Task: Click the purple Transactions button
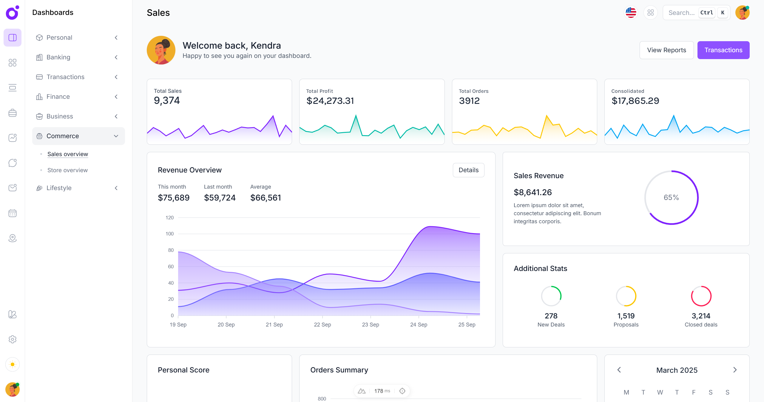(x=723, y=50)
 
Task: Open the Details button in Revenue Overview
(x=468, y=170)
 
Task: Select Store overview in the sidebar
(x=67, y=170)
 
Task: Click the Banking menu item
(x=58, y=57)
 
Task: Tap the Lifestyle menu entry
(x=59, y=188)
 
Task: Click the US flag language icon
(x=631, y=13)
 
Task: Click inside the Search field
(x=681, y=13)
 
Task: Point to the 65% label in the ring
(x=671, y=198)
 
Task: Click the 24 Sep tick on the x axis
(x=419, y=324)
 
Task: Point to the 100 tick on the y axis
(x=169, y=234)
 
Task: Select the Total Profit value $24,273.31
(x=330, y=101)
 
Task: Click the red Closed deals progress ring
(x=701, y=296)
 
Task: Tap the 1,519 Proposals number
(x=626, y=316)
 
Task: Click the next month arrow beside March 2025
(x=735, y=370)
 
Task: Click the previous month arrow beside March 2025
(x=619, y=370)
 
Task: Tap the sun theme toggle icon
(x=13, y=364)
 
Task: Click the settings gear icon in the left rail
(x=13, y=339)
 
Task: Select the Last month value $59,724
(x=220, y=198)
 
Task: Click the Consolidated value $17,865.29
(x=635, y=101)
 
